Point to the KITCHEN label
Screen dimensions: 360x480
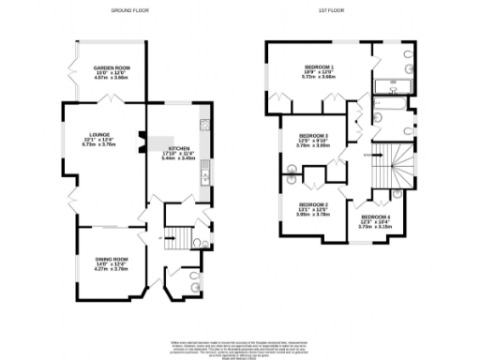[180, 148]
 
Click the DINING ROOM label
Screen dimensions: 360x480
[111, 259]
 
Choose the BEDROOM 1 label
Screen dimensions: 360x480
[319, 67]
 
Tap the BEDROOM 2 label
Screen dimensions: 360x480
[312, 204]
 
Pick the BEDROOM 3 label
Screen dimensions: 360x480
[312, 137]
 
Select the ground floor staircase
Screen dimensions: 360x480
[173, 240]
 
